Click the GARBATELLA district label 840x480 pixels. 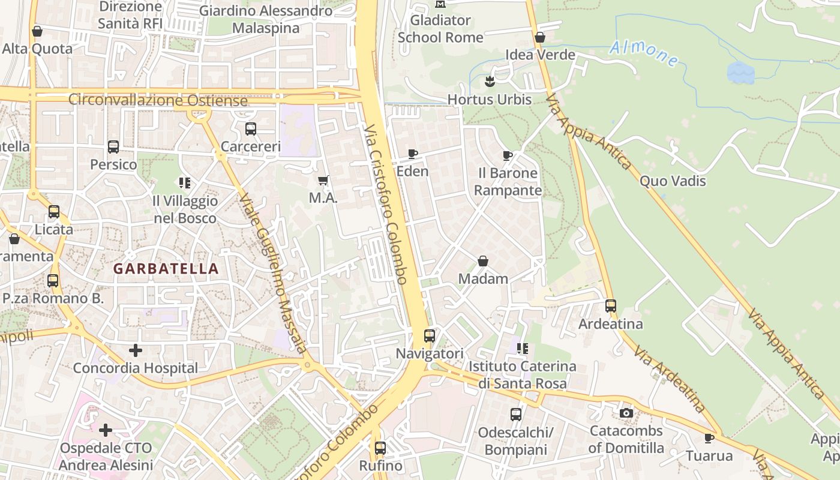point(166,269)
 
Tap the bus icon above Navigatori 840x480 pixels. point(430,336)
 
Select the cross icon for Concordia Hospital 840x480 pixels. point(136,350)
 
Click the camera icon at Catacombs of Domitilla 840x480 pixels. point(626,413)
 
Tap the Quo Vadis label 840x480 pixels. point(673,181)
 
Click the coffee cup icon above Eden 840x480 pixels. point(413,154)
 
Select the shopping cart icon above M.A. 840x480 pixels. point(323,180)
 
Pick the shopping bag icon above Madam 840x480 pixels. point(483,261)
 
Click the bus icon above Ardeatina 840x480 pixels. point(611,306)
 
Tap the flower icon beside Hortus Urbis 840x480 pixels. point(490,82)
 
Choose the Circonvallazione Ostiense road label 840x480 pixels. point(158,100)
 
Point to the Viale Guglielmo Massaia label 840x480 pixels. point(274,273)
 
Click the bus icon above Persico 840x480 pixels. point(113,146)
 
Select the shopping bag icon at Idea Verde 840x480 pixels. point(540,37)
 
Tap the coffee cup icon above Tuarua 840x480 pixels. point(709,438)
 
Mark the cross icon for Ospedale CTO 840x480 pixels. point(106,430)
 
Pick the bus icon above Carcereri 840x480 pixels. point(251,128)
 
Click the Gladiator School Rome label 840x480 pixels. point(440,28)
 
